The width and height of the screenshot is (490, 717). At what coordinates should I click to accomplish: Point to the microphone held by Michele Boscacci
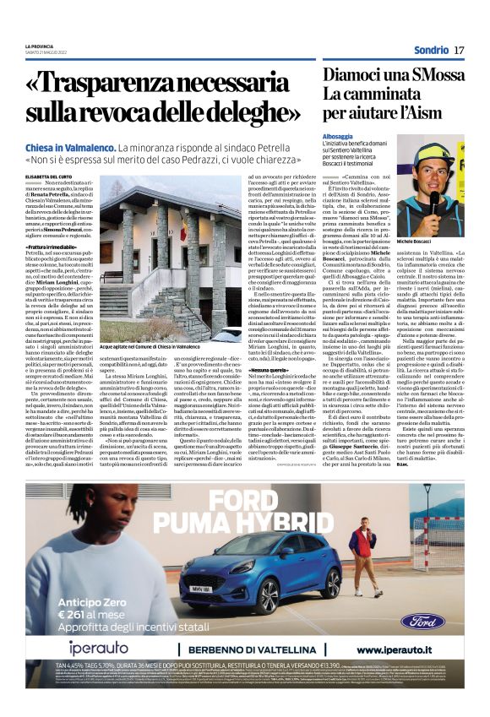(435, 202)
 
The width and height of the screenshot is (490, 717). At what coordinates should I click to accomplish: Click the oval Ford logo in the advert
(422, 622)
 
